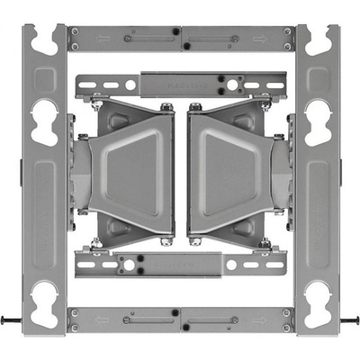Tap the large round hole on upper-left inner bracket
coord(130,85)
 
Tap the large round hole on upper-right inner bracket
coord(231,85)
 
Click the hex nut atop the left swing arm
coord(166,108)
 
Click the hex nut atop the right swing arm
coord(194,108)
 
